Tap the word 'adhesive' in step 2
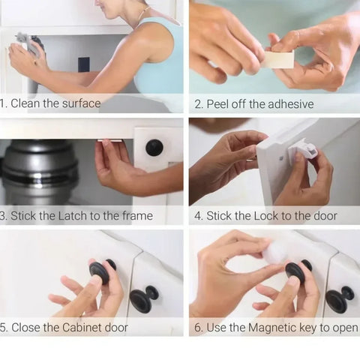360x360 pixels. tap(290, 103)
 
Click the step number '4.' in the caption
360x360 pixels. tap(198, 216)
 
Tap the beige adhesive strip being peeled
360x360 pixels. tap(278, 59)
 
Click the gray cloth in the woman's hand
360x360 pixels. tap(23, 40)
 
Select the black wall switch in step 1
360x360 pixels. tap(83, 64)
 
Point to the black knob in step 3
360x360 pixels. tap(154, 148)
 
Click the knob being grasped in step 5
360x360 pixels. tap(100, 272)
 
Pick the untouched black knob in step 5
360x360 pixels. tap(141, 299)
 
